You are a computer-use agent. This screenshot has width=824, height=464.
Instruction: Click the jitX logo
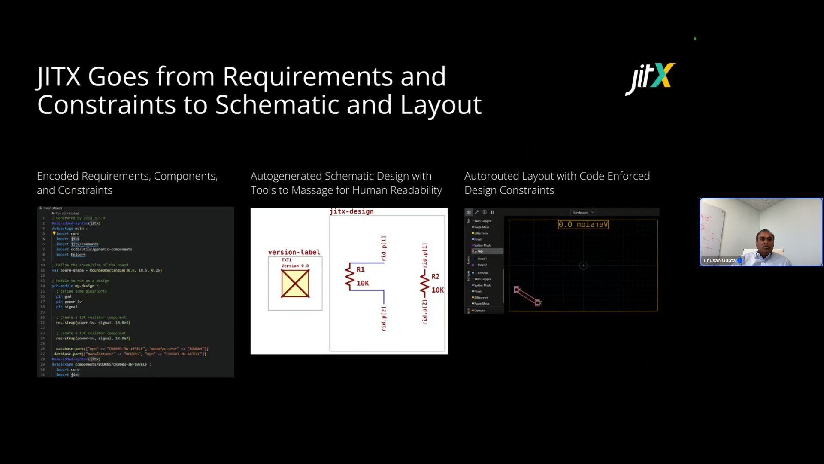pyautogui.click(x=650, y=78)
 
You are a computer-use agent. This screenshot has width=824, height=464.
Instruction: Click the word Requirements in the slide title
pyautogui.click(x=307, y=77)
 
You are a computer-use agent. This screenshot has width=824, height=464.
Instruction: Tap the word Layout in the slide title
pyautogui.click(x=441, y=105)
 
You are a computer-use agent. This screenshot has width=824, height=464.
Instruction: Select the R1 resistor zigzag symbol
pyautogui.click(x=349, y=277)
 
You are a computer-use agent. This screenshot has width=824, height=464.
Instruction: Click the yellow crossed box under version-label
pyautogui.click(x=295, y=284)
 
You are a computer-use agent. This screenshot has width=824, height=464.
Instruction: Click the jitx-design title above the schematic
pyautogui.click(x=351, y=211)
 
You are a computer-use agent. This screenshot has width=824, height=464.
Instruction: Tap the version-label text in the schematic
pyautogui.click(x=294, y=252)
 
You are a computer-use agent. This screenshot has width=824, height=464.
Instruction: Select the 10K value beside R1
pyautogui.click(x=362, y=283)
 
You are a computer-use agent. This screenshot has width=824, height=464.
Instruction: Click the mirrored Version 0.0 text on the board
pyautogui.click(x=583, y=224)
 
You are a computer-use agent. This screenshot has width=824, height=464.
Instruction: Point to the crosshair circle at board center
pyautogui.click(x=583, y=266)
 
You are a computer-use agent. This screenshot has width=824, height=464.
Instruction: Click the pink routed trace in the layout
pyautogui.click(x=527, y=296)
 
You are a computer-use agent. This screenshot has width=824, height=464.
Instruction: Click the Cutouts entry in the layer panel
pyautogui.click(x=479, y=310)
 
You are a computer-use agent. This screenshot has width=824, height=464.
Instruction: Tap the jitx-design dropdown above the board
pyautogui.click(x=583, y=212)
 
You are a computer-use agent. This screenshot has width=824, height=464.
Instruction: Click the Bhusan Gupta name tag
pyautogui.click(x=719, y=260)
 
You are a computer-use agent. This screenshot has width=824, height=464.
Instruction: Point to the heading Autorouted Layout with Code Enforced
pyautogui.click(x=557, y=176)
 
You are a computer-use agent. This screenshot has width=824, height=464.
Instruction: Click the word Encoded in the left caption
pyautogui.click(x=58, y=176)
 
